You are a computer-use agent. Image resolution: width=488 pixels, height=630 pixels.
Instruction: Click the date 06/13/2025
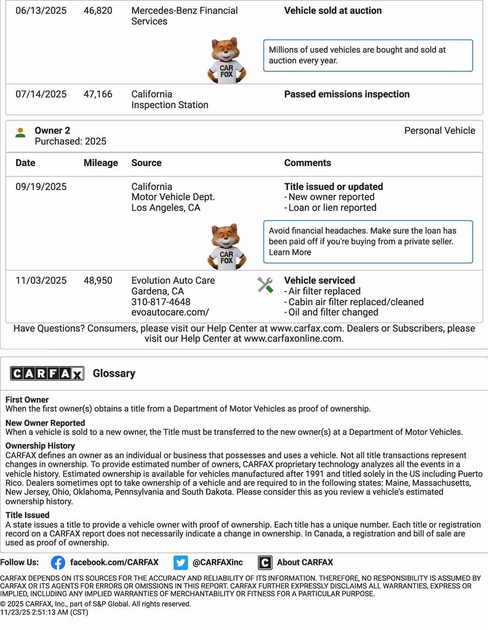pos(41,10)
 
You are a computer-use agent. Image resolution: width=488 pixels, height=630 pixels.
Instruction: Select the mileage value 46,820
pos(98,10)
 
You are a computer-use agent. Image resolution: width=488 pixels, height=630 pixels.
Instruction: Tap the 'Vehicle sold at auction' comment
pos(332,10)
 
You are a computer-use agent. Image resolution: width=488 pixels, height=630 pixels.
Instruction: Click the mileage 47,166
pos(98,94)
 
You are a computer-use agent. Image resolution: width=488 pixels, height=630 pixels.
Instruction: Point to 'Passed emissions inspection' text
pos(346,94)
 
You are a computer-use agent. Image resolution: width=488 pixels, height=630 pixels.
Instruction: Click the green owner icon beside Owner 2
pos(21,132)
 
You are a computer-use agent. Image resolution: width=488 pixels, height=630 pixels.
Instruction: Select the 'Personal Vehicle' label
pos(439,130)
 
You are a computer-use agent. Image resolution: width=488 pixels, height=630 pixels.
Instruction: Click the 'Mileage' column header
pos(100,163)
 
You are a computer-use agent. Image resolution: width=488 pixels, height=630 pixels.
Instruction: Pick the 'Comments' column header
pos(307,163)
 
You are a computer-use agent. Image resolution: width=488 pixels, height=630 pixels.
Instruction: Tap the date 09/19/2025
pos(41,186)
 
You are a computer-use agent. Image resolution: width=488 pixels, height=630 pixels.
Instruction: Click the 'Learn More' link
pos(290,252)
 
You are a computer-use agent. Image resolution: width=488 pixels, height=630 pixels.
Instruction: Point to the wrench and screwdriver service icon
pos(265,285)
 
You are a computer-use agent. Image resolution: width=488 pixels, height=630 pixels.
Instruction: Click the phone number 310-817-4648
pos(161,301)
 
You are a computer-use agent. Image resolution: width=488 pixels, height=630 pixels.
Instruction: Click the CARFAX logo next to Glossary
pos(47,373)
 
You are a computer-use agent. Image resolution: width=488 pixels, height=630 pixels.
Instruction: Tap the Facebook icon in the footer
pos(58,562)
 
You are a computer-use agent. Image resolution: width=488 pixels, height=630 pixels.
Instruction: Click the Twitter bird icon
pos(180,562)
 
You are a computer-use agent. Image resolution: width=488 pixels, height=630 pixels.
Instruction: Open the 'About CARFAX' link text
pos(305,562)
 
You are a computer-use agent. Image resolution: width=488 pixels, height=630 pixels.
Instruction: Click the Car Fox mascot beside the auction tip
pos(226,60)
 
